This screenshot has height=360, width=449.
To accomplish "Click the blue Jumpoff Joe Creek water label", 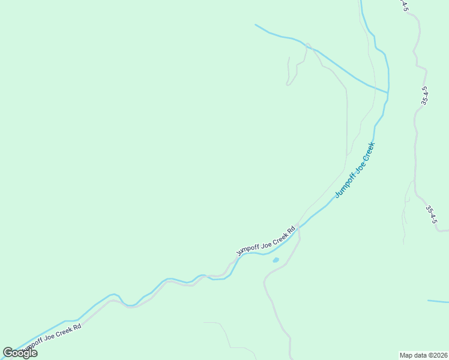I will point(355,170).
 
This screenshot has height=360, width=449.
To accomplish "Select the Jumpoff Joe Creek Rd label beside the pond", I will point(266,241).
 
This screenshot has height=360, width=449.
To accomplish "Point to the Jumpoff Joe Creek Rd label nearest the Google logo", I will point(50,337).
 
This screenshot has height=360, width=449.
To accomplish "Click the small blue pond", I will point(276,260).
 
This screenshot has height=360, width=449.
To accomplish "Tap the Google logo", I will point(20,353).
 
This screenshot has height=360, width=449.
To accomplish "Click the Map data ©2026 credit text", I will point(424,355).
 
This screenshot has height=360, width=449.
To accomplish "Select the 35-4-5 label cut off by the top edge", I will point(405,5).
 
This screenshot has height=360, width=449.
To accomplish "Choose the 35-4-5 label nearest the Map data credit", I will point(431,215).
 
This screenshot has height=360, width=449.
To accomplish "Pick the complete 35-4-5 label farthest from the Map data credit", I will point(424,96).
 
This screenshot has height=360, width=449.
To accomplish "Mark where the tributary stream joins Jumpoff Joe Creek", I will point(388,92).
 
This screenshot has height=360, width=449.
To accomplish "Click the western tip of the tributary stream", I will point(256,25).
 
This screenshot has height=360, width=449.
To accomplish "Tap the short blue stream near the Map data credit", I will point(438,301).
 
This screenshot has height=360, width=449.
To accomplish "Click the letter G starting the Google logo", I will point(8,353).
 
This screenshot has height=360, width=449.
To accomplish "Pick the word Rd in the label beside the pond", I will point(292,229).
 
